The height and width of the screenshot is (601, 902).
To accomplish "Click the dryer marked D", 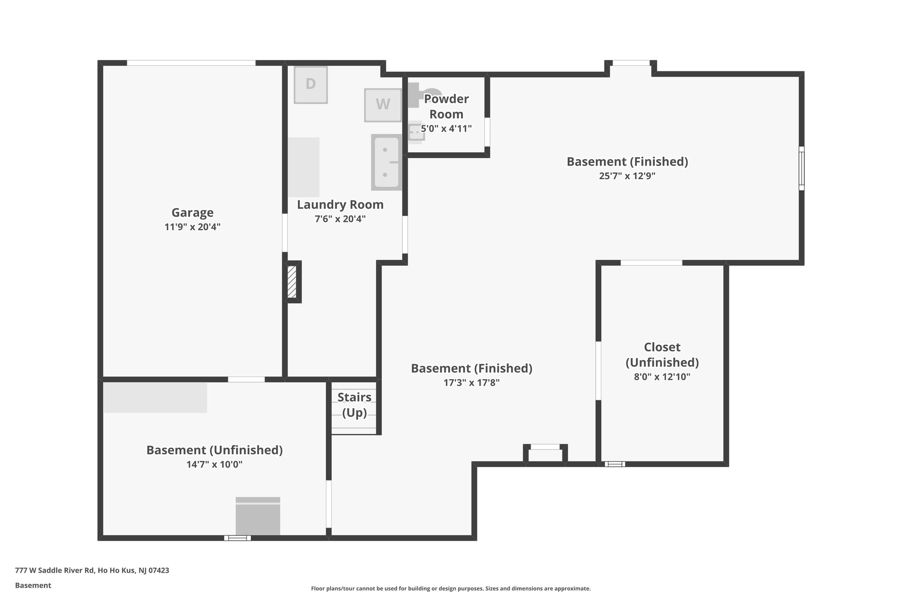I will pyautogui.click(x=311, y=85).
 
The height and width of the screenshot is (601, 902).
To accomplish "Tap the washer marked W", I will pyautogui.click(x=383, y=105).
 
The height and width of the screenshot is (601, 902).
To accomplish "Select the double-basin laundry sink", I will pyautogui.click(x=386, y=162).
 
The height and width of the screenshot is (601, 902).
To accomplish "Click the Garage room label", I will pyautogui.click(x=192, y=213).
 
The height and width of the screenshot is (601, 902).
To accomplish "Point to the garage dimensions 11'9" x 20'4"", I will pyautogui.click(x=192, y=227).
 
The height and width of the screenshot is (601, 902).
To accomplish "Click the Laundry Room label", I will pyautogui.click(x=340, y=205).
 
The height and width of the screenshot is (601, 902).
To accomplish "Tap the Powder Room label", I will pyautogui.click(x=446, y=107).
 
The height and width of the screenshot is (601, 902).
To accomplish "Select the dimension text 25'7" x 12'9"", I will pyautogui.click(x=627, y=176).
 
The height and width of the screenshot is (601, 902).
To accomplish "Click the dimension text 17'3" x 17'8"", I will pyautogui.click(x=471, y=383).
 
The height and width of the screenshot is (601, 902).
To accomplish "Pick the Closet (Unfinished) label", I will pyautogui.click(x=662, y=355).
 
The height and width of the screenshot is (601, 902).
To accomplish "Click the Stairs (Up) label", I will pyautogui.click(x=354, y=405).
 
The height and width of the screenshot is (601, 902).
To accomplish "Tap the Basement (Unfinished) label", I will pyautogui.click(x=214, y=450).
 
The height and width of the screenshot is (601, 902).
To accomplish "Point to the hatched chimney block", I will pyautogui.click(x=292, y=282).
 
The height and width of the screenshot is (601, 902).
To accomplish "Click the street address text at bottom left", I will pyautogui.click(x=92, y=570).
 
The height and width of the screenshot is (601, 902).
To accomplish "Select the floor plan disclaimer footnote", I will pyautogui.click(x=451, y=588).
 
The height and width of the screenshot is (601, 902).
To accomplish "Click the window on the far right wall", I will pyautogui.click(x=801, y=168).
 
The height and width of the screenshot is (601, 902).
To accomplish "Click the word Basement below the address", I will pyautogui.click(x=33, y=585).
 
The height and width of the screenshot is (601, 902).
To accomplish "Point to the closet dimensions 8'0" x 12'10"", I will pyautogui.click(x=662, y=377).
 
